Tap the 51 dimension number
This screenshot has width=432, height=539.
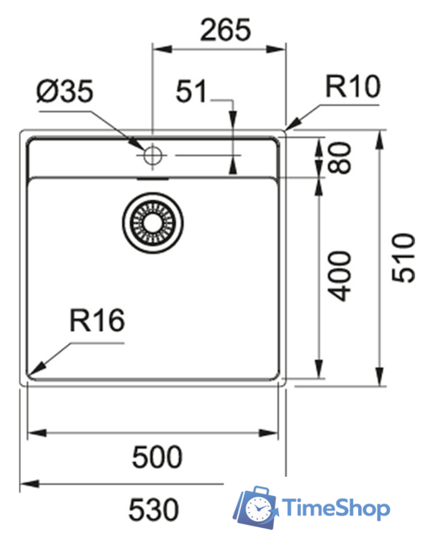coord(192,91)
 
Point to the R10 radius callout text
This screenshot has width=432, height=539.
coord(353,86)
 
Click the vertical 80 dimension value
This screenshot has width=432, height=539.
coord(340,157)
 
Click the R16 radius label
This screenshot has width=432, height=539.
coord(97,320)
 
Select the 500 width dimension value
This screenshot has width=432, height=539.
coord(157,456)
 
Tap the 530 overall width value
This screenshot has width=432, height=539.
coord(154,509)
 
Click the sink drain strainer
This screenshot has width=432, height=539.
coord(151,223)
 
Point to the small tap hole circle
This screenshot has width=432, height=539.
coord(152,155)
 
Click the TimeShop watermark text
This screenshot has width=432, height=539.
coord(335,508)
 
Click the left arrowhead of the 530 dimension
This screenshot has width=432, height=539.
coord(25,485)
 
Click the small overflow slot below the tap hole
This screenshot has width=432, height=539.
coord(152,178)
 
